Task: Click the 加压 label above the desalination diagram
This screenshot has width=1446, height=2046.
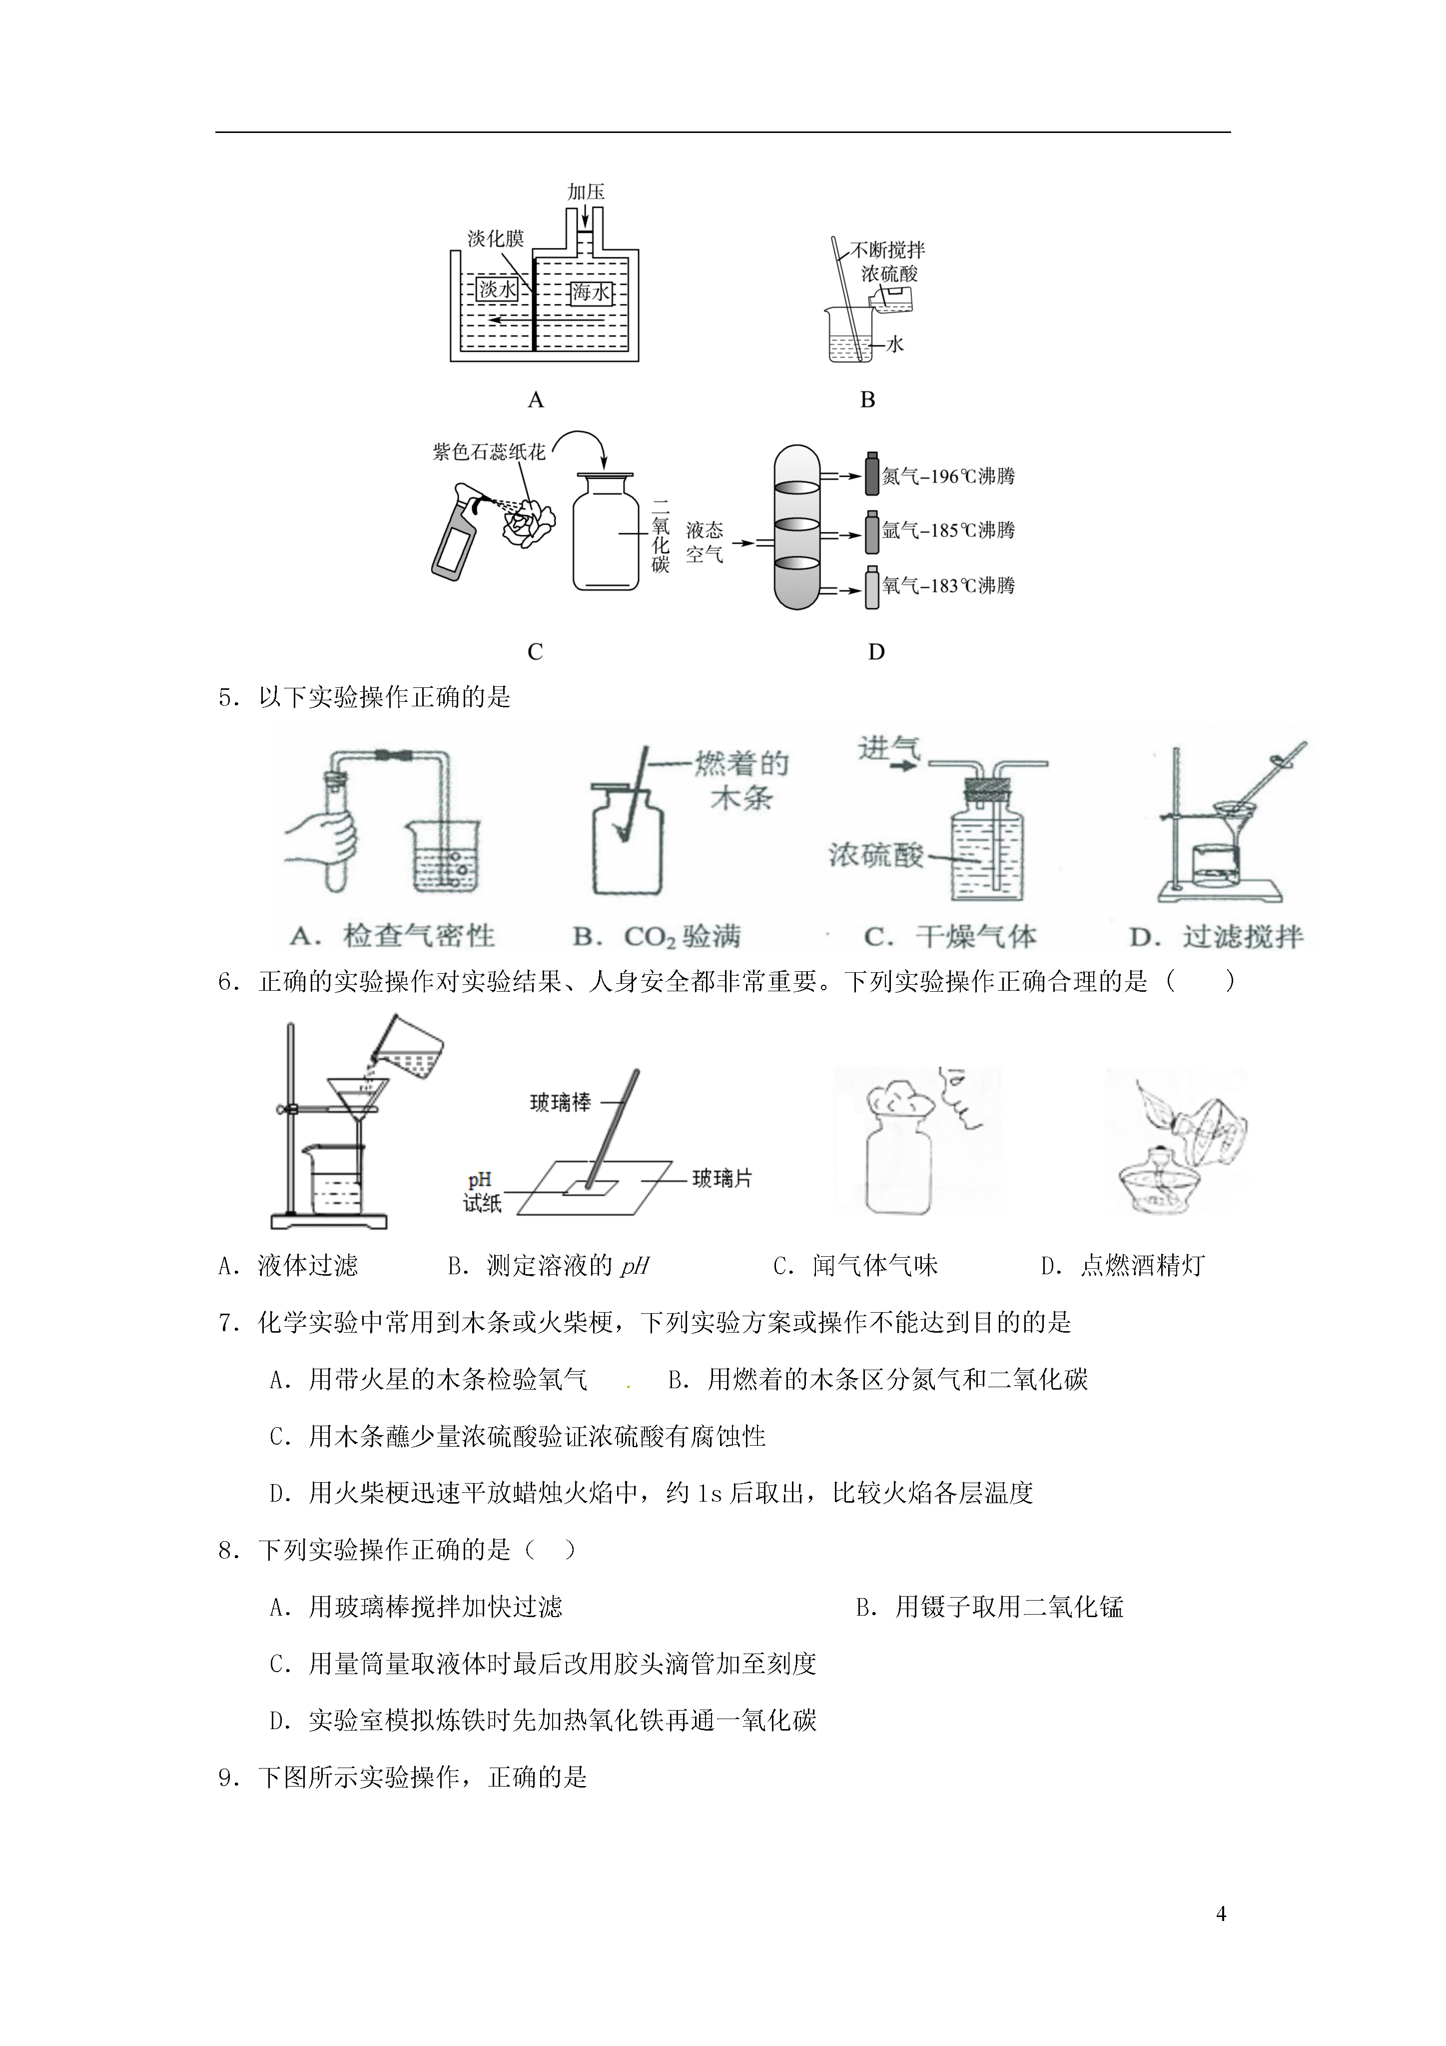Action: point(586,191)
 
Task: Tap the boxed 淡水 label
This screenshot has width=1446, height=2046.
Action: point(497,289)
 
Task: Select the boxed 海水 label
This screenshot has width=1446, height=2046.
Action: point(591,292)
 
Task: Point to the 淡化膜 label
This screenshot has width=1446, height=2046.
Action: point(495,239)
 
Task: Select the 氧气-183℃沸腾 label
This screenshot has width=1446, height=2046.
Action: point(949,585)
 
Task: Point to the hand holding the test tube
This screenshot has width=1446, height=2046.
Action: point(322,839)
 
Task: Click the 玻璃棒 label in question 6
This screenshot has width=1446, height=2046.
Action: point(561,1102)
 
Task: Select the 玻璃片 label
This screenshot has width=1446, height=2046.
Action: point(723,1179)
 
